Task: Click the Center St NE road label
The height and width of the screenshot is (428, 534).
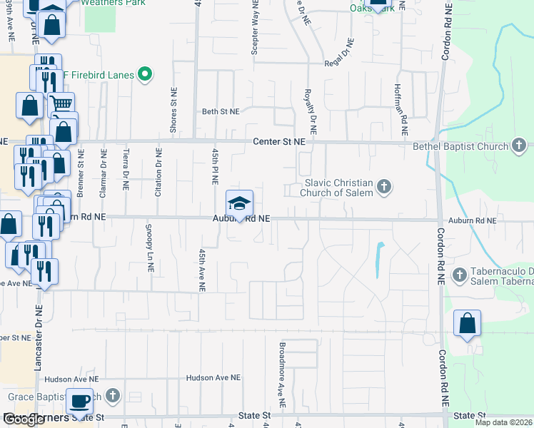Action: click(279, 142)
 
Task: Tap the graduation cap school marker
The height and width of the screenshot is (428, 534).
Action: click(240, 203)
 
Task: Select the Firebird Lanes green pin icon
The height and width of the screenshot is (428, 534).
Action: click(146, 74)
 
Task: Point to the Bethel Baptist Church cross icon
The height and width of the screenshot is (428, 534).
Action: click(519, 147)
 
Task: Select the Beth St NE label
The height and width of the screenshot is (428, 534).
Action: click(221, 112)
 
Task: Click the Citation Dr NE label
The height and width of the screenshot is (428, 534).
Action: click(158, 172)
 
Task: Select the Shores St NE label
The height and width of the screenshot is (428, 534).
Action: click(173, 111)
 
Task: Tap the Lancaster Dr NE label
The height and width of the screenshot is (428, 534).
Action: click(38, 336)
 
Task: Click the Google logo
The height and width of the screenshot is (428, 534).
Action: click(24, 419)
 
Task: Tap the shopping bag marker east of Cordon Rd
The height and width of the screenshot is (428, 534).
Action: click(467, 323)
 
